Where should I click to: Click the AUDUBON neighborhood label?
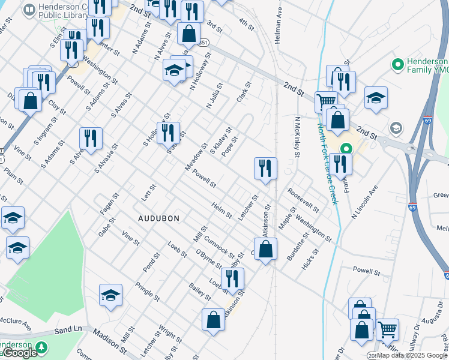pos(158,218)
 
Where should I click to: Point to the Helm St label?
pos(221,211)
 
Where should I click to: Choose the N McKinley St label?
pos(297,137)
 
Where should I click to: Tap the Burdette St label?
pos(297,246)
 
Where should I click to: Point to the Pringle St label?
pos(147,292)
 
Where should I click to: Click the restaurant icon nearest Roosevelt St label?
pos(265,169)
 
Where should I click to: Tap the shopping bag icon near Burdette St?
pos(265,249)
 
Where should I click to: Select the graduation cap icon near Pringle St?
pos(111,295)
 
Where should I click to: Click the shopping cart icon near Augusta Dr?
pos(387,329)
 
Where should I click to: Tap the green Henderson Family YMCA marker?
pos(397,64)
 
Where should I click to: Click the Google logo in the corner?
pos(20,353)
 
